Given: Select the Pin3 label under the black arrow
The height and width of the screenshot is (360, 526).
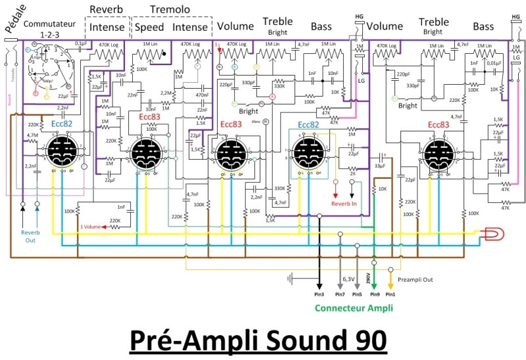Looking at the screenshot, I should [x=319, y=295].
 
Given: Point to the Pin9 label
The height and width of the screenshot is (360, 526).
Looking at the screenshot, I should [x=373, y=295].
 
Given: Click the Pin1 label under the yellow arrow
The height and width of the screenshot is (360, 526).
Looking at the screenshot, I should [x=391, y=295].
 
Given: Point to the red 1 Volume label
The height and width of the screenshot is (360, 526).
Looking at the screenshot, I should [x=93, y=226].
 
